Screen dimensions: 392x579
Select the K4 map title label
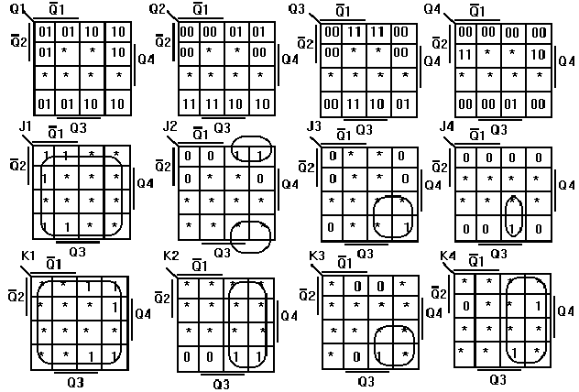(x=447, y=256)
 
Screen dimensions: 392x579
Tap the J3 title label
(x=314, y=125)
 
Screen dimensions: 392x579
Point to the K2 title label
(x=169, y=256)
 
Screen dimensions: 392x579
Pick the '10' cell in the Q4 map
(x=538, y=55)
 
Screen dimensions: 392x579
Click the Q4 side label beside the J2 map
(x=288, y=184)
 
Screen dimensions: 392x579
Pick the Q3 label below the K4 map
(x=497, y=379)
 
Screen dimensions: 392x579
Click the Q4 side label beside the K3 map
(x=432, y=313)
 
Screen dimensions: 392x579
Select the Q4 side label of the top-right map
(x=570, y=60)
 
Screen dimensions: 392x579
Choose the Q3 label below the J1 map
(x=77, y=251)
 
